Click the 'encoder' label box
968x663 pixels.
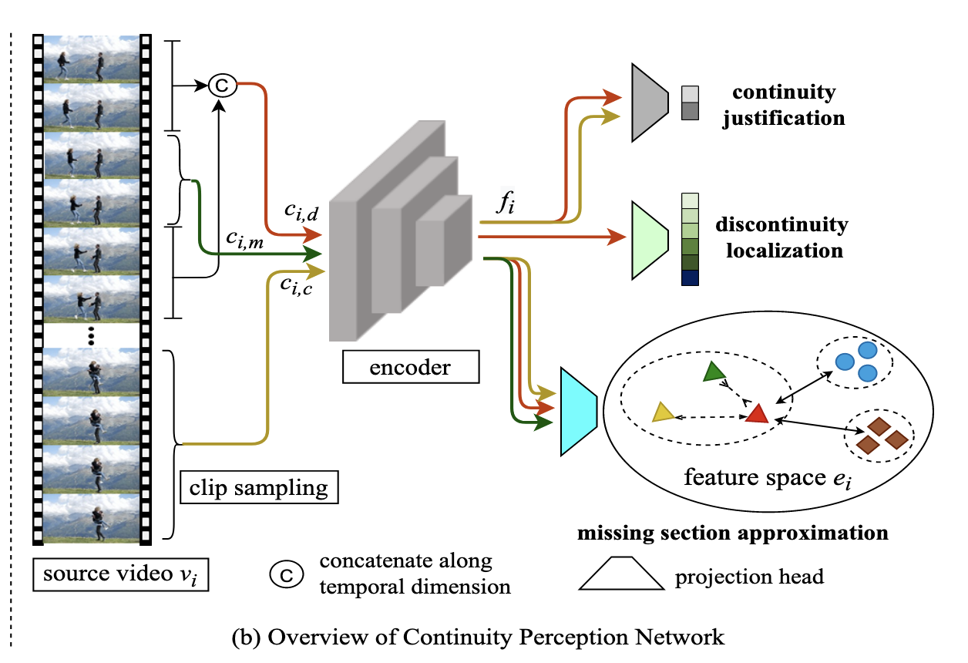tap(410, 368)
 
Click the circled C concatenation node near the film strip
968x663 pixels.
tap(222, 86)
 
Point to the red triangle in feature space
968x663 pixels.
tap(757, 415)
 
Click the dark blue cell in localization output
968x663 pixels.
tap(690, 278)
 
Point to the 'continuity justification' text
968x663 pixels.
tap(783, 106)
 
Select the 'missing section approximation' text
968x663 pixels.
tap(732, 533)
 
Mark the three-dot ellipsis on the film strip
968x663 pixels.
tap(91, 335)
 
